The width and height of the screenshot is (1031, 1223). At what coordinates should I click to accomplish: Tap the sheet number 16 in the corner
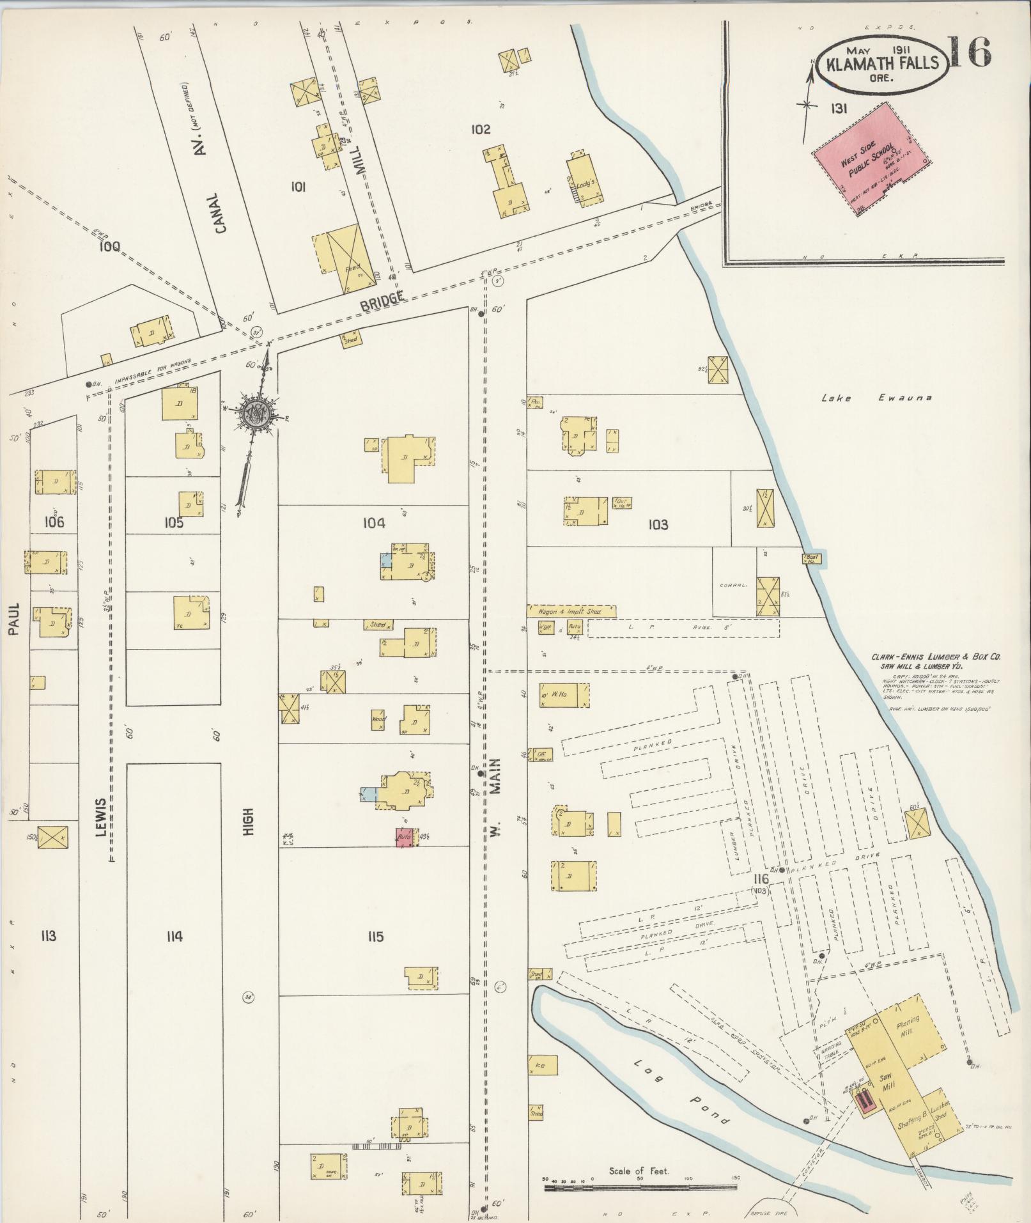click(968, 52)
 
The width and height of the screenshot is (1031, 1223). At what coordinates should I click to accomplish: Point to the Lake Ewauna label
click(876, 398)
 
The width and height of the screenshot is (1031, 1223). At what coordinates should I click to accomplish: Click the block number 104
click(374, 524)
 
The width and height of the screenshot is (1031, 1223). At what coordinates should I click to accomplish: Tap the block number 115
click(375, 937)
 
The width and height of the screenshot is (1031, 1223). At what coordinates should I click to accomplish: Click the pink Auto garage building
click(403, 837)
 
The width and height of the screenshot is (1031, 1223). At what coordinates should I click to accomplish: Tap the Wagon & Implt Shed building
click(571, 612)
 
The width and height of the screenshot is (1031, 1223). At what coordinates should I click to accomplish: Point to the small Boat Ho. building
click(812, 558)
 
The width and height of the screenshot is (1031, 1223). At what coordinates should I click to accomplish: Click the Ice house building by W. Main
click(541, 1066)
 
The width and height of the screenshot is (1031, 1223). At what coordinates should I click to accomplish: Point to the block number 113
click(48, 937)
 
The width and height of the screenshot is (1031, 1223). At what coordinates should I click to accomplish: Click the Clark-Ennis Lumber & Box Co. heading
click(934, 657)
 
